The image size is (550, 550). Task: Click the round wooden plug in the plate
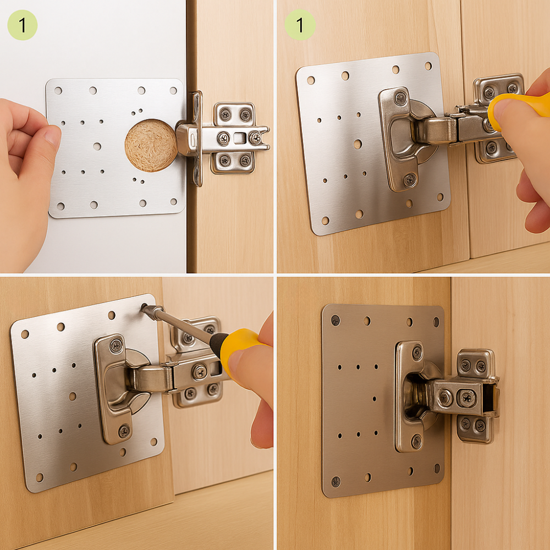[x=151, y=145]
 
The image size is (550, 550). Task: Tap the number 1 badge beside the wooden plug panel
[x=22, y=25]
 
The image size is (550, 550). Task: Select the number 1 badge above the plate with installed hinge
[x=300, y=25]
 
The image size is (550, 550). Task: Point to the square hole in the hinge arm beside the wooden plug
[x=239, y=137]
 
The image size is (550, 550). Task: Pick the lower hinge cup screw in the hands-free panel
[x=416, y=440]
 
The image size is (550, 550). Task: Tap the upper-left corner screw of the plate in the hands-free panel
[x=335, y=320]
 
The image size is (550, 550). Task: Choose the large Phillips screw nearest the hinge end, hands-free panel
[x=467, y=397]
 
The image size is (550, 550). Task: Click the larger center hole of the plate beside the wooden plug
[x=97, y=146]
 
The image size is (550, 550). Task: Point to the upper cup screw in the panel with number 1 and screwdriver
[x=401, y=98]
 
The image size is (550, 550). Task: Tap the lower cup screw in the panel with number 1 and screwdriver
[x=410, y=179]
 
